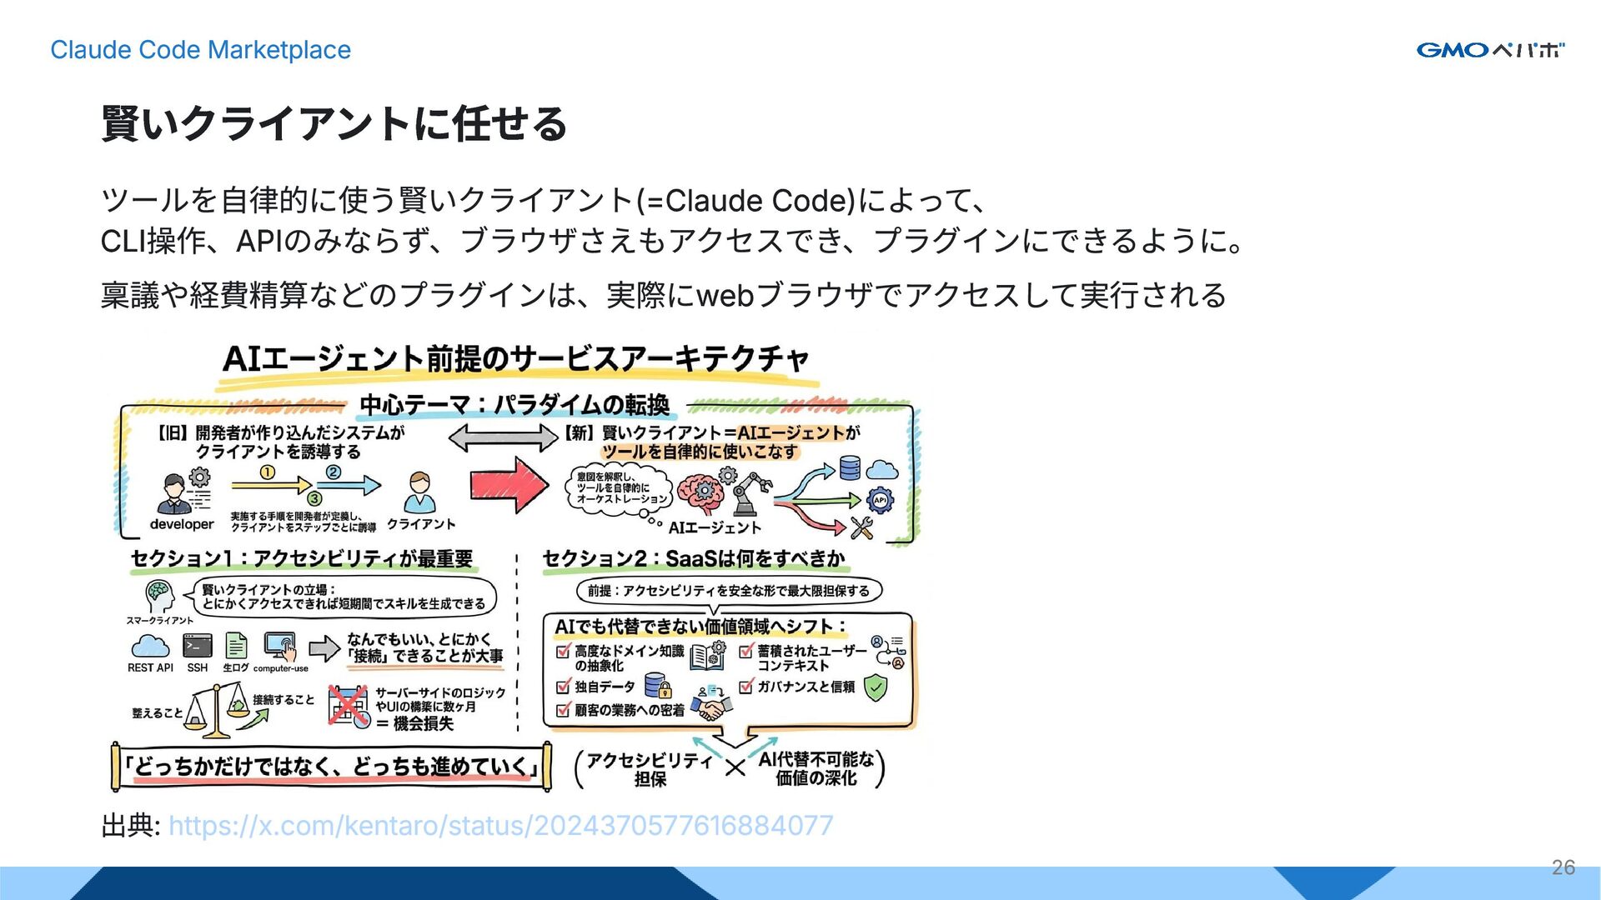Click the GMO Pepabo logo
1490,50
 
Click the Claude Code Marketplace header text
200,50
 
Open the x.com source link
500,825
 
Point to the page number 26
1563,867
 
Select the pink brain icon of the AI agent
699,493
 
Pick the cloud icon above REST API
150,646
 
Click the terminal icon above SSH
198,646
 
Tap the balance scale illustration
218,711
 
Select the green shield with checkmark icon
875,687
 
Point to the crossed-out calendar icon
348,707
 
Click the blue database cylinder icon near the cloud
850,467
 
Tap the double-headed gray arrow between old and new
503,437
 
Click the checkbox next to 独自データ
564,687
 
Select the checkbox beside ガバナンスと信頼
746,687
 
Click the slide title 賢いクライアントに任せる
334,124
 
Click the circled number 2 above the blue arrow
333,472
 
